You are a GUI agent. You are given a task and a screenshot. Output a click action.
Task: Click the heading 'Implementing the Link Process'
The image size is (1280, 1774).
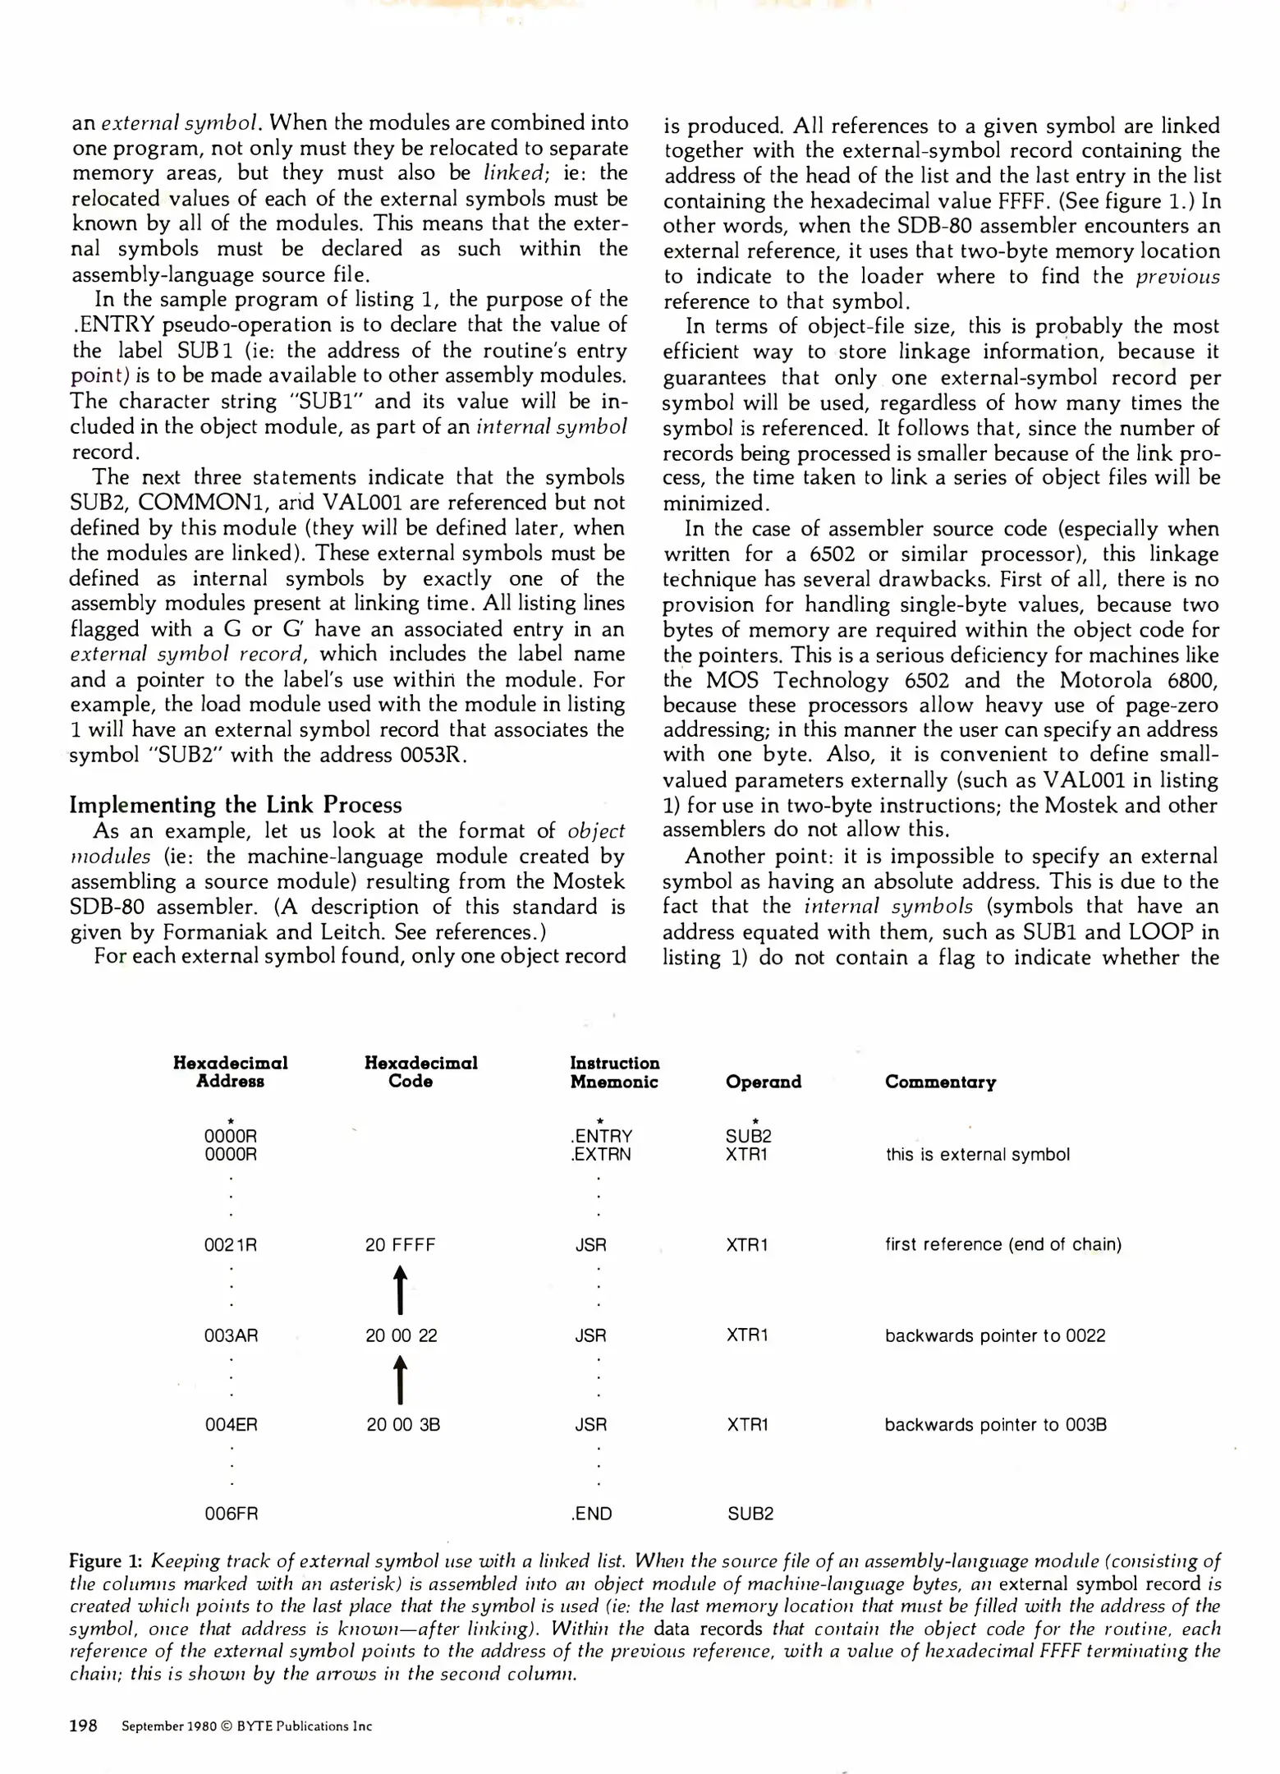236,804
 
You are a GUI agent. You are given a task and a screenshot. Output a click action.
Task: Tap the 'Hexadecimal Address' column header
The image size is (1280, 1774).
230,1072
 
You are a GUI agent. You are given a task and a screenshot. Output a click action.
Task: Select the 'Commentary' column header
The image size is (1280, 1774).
940,1082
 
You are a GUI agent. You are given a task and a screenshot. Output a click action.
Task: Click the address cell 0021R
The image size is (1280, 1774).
230,1244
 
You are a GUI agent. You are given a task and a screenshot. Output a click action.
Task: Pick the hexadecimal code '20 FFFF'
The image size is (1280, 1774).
401,1244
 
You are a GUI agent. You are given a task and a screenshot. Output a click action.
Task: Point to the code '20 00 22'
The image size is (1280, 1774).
401,1335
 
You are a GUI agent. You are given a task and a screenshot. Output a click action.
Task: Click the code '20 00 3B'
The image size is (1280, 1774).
403,1424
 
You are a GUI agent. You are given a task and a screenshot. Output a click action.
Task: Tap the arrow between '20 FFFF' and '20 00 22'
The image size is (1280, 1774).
400,1289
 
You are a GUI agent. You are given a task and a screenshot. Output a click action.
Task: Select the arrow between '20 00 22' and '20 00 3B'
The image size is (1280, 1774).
400,1380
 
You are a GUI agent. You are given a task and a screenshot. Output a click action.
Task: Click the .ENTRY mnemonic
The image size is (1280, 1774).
601,1136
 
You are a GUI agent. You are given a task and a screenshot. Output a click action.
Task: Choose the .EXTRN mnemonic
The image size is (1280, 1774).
601,1154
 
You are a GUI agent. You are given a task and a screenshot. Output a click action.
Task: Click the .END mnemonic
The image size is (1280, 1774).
591,1513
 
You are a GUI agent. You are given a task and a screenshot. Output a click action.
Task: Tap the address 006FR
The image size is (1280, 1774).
231,1513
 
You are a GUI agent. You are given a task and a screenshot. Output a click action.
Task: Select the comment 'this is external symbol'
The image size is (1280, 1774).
977,1154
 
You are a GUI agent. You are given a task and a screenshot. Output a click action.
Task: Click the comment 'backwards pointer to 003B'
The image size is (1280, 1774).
995,1424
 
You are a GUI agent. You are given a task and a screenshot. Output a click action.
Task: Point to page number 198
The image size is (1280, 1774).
84,1726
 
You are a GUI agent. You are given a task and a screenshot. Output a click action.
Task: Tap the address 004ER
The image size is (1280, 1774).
231,1424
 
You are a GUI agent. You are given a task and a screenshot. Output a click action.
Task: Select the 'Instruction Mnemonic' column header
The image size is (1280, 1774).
614,1072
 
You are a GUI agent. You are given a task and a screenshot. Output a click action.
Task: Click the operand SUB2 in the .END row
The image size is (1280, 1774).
750,1513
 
